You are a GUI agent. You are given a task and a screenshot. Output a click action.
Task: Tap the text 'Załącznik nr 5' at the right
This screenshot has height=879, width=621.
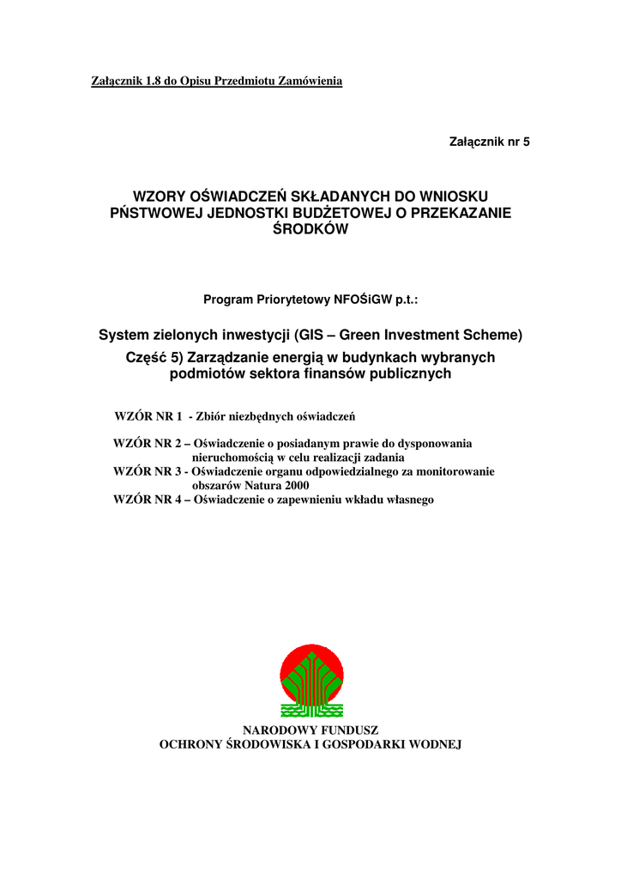[x=490, y=142]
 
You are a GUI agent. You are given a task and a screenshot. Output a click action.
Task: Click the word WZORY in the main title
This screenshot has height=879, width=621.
[x=158, y=197]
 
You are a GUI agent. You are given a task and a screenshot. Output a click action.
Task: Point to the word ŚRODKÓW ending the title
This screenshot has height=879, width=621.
[x=310, y=230]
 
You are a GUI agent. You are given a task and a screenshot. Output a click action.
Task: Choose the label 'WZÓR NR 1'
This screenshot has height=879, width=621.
[x=148, y=417]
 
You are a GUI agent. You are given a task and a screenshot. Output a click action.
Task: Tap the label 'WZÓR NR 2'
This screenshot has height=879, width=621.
[x=148, y=444]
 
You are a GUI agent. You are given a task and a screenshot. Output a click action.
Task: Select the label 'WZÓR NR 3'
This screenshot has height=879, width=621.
[x=148, y=471]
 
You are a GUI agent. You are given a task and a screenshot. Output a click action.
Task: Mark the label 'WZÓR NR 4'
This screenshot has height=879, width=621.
[x=148, y=499]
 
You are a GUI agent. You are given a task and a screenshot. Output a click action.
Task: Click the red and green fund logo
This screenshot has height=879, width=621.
[x=310, y=679]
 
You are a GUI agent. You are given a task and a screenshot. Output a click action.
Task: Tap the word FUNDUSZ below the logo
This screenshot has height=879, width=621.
[x=345, y=730]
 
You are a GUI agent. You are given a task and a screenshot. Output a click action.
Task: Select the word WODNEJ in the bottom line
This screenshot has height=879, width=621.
[x=432, y=744]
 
